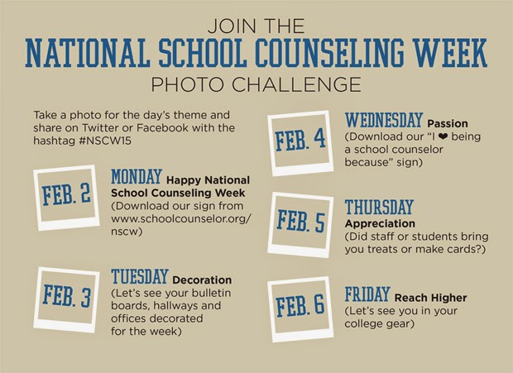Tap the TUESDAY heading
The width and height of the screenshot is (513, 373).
coord(140,276)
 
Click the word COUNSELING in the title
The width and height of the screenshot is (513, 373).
coord(347,49)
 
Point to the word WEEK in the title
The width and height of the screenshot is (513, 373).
coord(453,49)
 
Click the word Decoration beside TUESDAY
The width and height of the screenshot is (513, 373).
coord(202,280)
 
